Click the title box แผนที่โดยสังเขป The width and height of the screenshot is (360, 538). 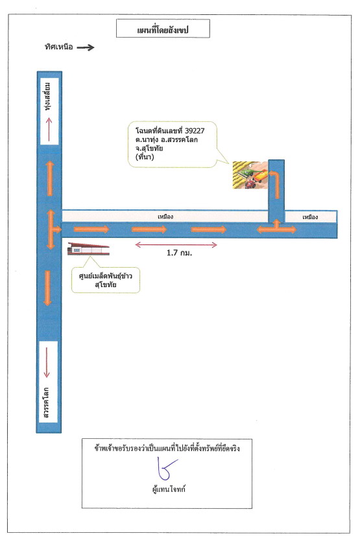[x=163, y=29]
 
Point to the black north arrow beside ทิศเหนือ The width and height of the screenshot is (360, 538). [x=86, y=47]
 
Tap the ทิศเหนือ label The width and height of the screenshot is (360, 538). [x=59, y=47]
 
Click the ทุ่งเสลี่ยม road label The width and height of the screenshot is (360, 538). [x=49, y=97]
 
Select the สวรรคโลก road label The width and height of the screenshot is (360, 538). [x=46, y=403]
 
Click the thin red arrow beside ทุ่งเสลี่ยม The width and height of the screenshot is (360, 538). [x=49, y=130]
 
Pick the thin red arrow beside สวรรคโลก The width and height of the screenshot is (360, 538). [x=47, y=362]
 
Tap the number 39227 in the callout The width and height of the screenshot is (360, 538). [x=195, y=131]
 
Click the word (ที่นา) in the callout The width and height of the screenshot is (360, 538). [x=145, y=157]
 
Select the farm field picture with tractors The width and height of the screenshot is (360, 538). [x=250, y=175]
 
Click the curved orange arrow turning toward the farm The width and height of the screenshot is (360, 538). [x=275, y=185]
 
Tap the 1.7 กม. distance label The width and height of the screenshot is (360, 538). [x=179, y=253]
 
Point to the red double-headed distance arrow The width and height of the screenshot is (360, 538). [x=176, y=244]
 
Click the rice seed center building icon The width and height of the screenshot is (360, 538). [x=88, y=249]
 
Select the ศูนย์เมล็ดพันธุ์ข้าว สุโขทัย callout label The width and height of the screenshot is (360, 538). [x=106, y=280]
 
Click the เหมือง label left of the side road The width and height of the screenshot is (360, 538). [x=165, y=216]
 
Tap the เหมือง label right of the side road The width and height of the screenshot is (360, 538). [x=310, y=217]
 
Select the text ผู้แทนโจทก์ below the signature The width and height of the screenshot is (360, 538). [x=169, y=489]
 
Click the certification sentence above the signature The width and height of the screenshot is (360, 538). [x=167, y=448]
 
